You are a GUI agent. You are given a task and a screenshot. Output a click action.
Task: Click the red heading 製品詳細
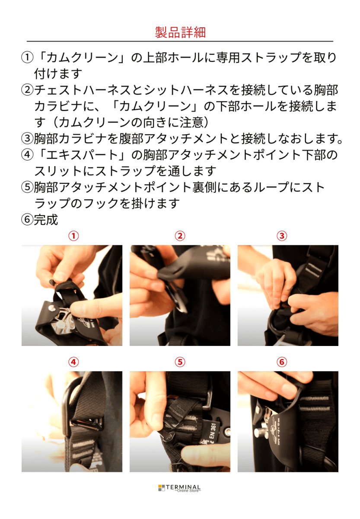pyautogui.click(x=180, y=32)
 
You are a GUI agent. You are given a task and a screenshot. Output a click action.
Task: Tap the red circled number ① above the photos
pyautogui.click(x=74, y=236)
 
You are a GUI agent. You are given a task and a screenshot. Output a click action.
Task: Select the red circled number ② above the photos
pyautogui.click(x=180, y=236)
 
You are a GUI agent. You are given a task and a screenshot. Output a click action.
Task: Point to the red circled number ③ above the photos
pyautogui.click(x=282, y=236)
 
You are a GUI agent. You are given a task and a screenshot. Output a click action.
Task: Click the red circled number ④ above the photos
pyautogui.click(x=74, y=362)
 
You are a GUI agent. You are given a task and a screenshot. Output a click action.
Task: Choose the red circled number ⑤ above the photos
pyautogui.click(x=180, y=362)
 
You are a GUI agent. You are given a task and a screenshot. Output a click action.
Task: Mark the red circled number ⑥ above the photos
pyautogui.click(x=282, y=362)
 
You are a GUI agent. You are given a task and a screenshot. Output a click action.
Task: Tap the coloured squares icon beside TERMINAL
pyautogui.click(x=162, y=488)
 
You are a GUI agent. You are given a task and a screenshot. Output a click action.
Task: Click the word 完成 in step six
pyautogui.click(x=46, y=220)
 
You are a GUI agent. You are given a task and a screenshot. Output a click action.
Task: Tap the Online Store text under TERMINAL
pyautogui.click(x=188, y=491)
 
